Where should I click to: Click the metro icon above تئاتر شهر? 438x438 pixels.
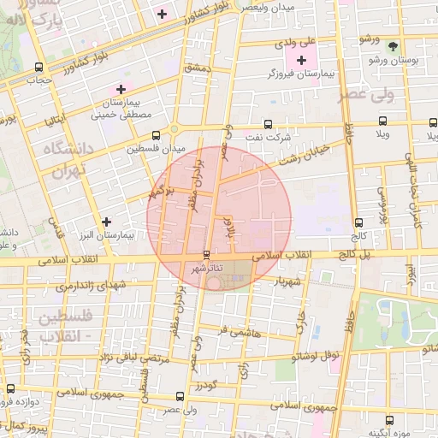[x=206, y=255]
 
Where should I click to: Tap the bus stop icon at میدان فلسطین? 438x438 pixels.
[x=156, y=135]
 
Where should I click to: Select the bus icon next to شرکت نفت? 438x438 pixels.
[x=269, y=124]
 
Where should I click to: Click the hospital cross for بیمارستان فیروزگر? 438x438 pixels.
[x=301, y=61]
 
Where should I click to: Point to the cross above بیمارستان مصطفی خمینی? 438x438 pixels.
[x=121, y=89]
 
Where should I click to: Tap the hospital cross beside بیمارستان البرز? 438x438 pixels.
[x=105, y=222]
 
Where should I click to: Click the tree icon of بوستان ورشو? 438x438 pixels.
[x=392, y=46]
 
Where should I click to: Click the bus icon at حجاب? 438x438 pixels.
[x=38, y=67]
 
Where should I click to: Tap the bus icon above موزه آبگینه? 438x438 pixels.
[x=390, y=420]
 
